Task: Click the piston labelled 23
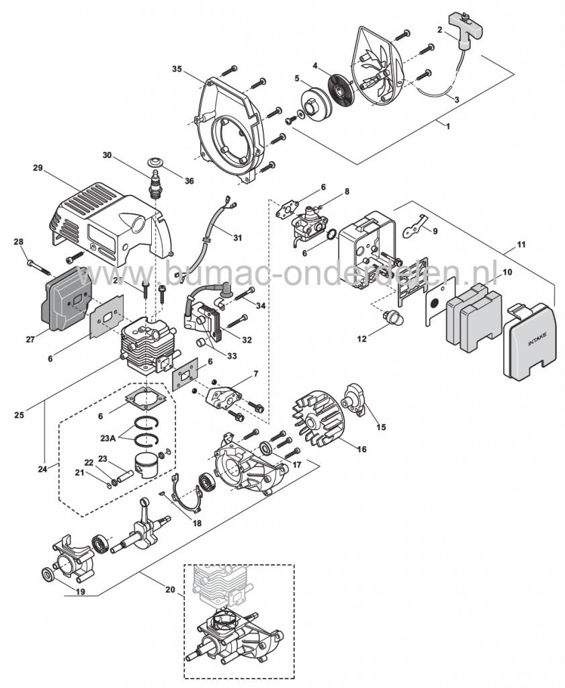[149, 463]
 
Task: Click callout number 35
[177, 69]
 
